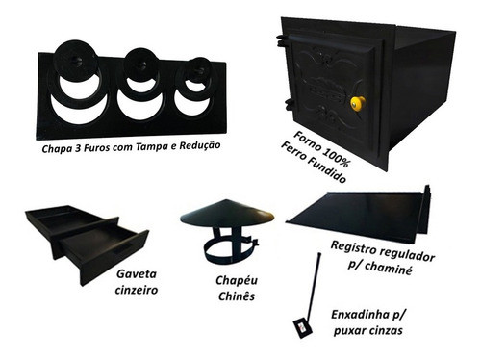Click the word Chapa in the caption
pos(61,149)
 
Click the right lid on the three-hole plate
pos(195,70)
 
